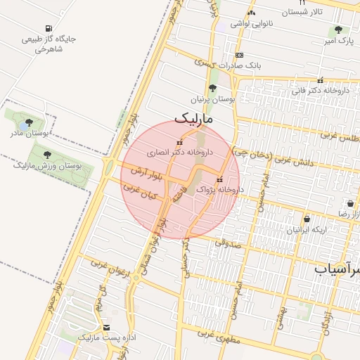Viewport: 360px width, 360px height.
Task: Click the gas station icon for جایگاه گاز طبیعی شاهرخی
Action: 48,28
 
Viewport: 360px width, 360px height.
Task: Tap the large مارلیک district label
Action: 198,119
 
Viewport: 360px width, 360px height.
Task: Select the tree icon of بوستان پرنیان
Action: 212,87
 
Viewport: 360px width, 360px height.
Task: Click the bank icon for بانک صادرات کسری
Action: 240,55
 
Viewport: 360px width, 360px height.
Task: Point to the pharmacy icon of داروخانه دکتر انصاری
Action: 179,143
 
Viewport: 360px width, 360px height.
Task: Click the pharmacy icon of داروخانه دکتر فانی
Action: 320,80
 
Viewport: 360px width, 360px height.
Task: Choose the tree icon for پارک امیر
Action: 339,30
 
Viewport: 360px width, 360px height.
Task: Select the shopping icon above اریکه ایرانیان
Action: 307,219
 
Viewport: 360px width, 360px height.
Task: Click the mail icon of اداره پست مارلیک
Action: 106,328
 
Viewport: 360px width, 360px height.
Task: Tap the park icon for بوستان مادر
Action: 29,123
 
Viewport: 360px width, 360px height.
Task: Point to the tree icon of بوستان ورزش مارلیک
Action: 47,155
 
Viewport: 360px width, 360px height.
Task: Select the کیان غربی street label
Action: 139,192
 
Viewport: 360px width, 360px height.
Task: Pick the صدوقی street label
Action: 226,243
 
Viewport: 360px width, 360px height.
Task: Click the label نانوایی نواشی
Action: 250,24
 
